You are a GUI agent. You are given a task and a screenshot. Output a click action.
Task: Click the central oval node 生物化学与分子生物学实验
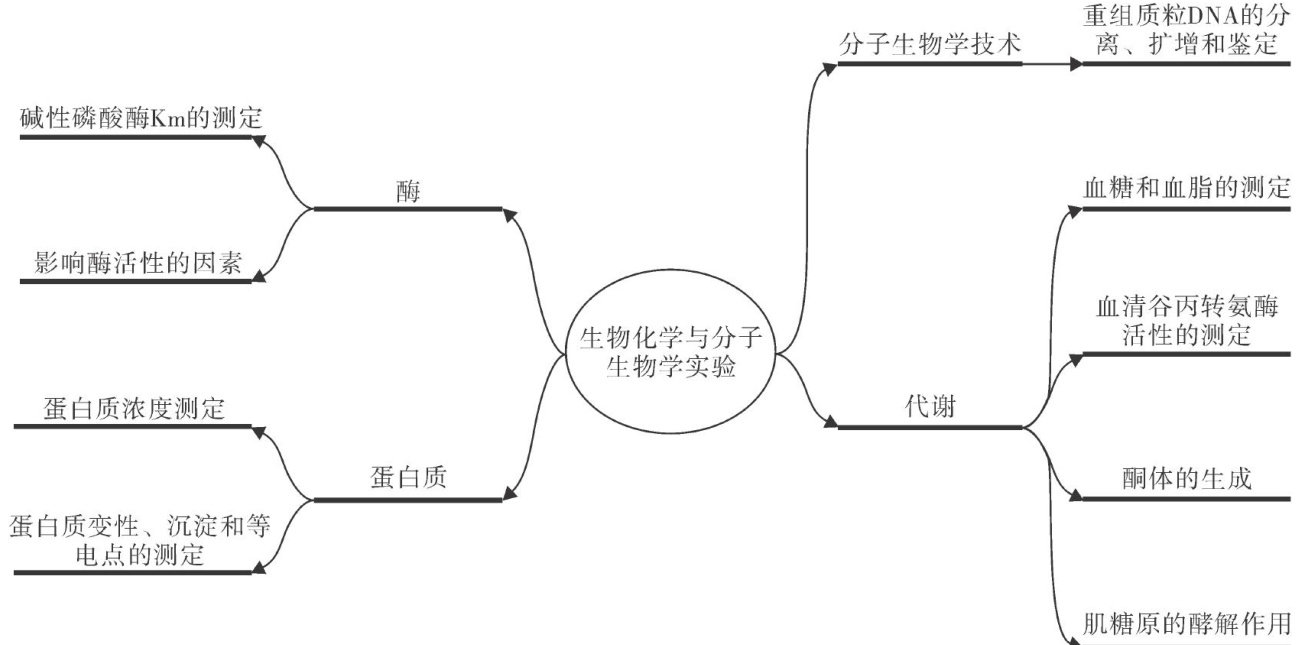click(671, 353)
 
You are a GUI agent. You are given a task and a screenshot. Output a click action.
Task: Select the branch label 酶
click(407, 193)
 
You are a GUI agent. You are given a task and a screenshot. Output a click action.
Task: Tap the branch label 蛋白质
click(406, 478)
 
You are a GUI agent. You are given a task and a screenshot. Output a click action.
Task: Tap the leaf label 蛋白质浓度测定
click(134, 408)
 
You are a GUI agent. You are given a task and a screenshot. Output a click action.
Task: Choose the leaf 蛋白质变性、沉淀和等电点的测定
click(140, 540)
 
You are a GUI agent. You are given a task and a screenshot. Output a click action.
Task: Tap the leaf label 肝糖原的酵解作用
click(1187, 623)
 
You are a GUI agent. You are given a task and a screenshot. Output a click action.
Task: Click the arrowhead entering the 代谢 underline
click(831, 424)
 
